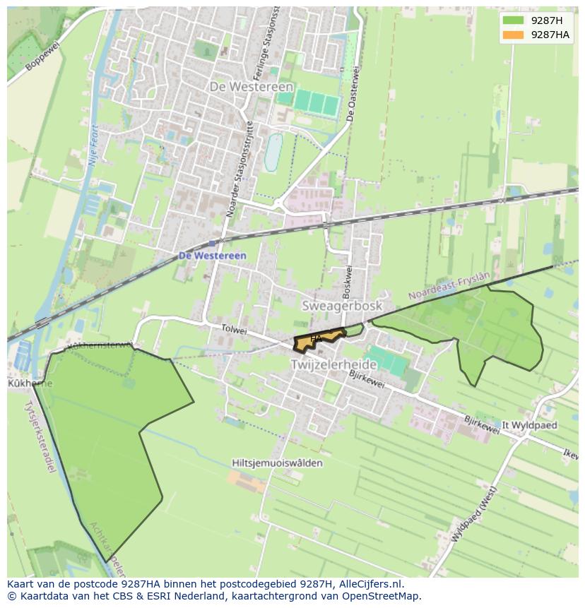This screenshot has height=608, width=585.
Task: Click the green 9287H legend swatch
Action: coord(514,20)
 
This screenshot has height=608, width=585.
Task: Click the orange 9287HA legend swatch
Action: coord(514,35)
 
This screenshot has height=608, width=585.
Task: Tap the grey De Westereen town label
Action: coord(252,86)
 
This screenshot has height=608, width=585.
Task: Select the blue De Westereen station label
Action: coord(212,255)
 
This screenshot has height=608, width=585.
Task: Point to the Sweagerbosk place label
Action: coord(342,306)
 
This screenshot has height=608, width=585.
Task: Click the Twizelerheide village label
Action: coord(335,364)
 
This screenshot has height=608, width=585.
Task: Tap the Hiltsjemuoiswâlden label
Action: coord(277,463)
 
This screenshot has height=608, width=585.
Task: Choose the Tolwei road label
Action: coord(233,330)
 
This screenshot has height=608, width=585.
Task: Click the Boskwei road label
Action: coord(347,280)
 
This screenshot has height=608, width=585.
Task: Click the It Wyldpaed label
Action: coord(531,426)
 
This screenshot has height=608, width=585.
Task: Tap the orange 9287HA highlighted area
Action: coord(319,341)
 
